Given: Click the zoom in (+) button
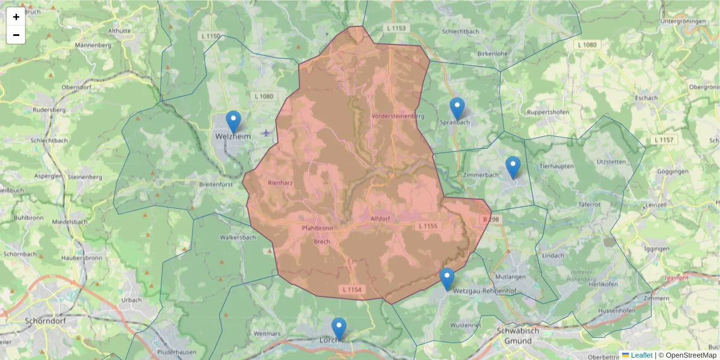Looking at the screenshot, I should coord(16,17).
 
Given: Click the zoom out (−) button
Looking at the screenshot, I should coord(16,35).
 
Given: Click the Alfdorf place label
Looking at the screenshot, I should coord(380,218).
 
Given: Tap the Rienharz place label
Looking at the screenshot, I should coord(280,182).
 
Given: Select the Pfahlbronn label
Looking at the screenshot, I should coord(317,229).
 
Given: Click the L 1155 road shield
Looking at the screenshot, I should coord(428,226).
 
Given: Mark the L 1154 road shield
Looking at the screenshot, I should coord(353,290).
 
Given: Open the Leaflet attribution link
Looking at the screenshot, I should coord(641,355).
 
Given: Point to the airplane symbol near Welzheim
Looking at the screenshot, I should coord(266,132).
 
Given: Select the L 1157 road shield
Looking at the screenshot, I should coord(663,140).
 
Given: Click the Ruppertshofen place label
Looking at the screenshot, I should coord(550,112).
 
